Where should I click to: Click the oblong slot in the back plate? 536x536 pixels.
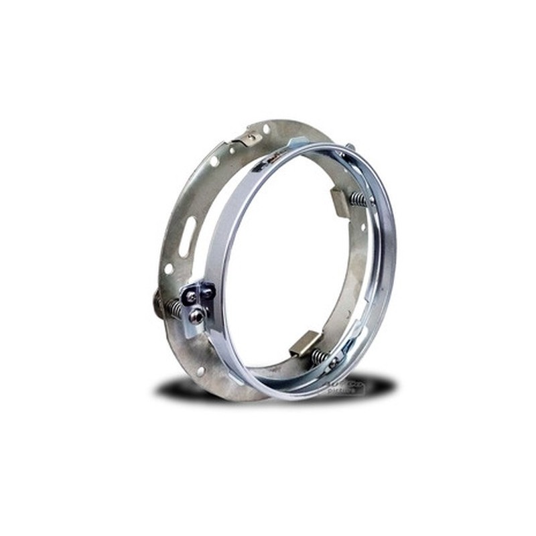pyautogui.click(x=187, y=236)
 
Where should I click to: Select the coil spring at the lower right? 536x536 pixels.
pyautogui.click(x=320, y=356)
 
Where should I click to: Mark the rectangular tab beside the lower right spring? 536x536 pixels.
pyautogui.click(x=301, y=344)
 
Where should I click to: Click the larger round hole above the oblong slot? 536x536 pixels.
pyautogui.click(x=214, y=161)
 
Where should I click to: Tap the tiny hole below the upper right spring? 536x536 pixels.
pyautogui.click(x=362, y=227)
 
